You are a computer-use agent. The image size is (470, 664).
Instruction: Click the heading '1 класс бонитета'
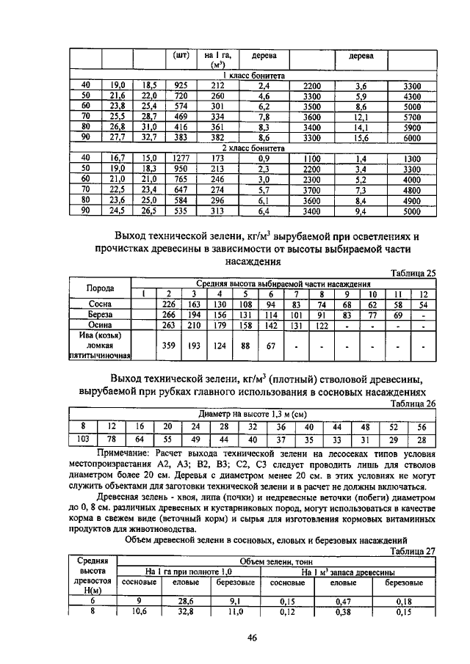(254, 76)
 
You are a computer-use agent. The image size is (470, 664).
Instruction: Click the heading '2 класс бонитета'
(254, 147)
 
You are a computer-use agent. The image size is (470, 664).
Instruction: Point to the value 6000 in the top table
(411, 137)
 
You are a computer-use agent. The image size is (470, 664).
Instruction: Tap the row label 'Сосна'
(100, 302)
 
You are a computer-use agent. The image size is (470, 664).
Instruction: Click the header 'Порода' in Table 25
(100, 288)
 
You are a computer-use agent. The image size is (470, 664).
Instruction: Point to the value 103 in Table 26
(84, 439)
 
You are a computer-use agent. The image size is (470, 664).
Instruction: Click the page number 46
(252, 638)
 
